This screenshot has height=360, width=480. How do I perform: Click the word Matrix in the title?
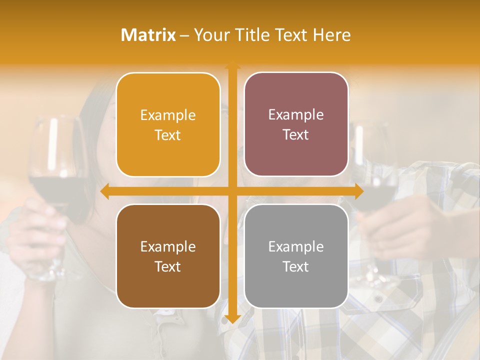(148, 35)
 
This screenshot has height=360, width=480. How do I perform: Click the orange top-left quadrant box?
(168, 125)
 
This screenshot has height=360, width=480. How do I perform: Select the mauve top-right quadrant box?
(296, 124)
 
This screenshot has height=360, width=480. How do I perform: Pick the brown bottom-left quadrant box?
(168, 256)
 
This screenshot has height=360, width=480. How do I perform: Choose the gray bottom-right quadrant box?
(296, 256)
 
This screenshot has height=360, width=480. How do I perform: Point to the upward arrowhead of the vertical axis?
(232, 66)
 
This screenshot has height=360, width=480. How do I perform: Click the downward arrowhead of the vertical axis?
(232, 318)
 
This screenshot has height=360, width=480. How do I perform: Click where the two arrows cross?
(232, 191)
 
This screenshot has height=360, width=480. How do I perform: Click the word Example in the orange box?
(168, 115)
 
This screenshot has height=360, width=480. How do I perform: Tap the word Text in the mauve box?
(296, 135)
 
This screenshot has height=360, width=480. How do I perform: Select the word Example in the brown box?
(168, 246)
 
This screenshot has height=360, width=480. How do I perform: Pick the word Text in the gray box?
(296, 266)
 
